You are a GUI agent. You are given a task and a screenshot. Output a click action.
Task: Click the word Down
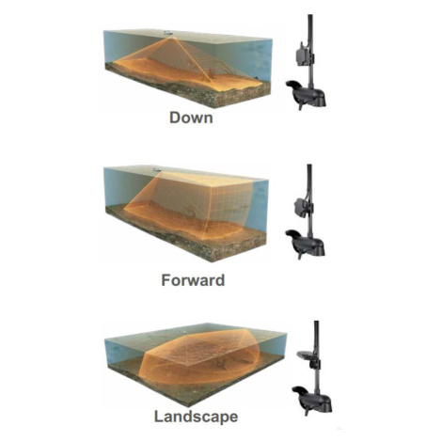191,118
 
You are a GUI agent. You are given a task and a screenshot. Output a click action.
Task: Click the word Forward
193,280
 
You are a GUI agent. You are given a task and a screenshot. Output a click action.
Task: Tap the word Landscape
196,418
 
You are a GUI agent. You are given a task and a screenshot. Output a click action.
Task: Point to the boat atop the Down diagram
168,32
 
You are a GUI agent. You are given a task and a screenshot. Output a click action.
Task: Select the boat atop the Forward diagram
157,169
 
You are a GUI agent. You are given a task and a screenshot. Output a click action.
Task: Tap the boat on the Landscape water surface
182,331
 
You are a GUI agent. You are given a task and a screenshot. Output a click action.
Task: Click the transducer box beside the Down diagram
303,55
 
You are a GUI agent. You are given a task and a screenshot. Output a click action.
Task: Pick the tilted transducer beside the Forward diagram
302,205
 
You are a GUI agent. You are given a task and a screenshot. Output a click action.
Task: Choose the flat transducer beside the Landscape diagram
306,355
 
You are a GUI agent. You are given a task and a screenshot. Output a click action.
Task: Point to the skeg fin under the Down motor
300,105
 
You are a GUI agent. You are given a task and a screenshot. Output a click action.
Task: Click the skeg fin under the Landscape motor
307,412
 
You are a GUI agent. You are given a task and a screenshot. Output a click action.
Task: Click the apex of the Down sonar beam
171,37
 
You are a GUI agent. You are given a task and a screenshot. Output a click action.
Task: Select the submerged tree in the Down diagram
211,74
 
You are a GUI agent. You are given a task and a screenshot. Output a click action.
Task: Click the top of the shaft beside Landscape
317,322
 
